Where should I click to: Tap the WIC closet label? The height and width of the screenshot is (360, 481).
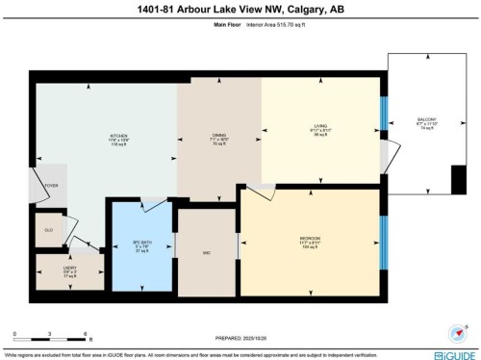[x=206, y=253]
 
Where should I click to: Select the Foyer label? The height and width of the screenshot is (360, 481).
[x=50, y=185]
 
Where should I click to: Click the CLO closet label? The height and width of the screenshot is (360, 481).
[x=48, y=230]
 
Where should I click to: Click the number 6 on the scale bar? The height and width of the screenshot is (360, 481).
[x=86, y=336]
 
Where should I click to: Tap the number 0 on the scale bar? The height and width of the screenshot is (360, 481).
[x=14, y=336]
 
